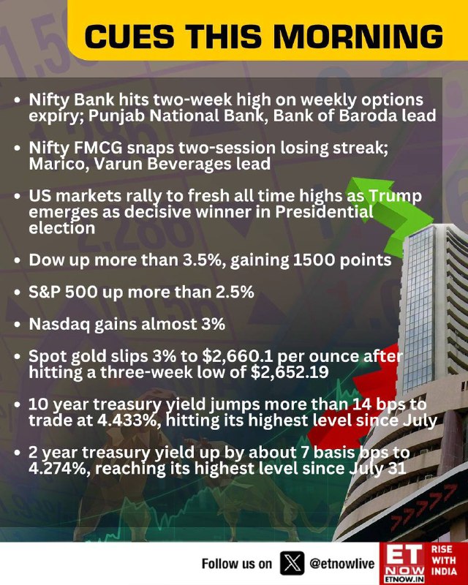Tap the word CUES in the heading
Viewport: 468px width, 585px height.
[129, 37]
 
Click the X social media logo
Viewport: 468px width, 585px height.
[292, 563]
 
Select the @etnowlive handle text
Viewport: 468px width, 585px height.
[341, 563]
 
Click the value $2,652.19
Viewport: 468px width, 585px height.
[290, 372]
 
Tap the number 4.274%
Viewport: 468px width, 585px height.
[58, 469]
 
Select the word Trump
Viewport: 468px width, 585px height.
[396, 196]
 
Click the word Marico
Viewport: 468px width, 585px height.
[58, 165]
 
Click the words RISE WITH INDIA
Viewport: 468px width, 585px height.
[444, 560]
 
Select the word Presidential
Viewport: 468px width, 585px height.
[324, 212]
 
